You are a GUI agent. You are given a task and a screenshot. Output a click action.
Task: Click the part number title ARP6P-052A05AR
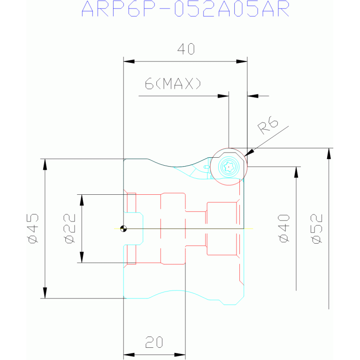pos(185,9)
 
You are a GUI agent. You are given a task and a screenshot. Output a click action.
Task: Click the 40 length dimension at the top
pos(186,49)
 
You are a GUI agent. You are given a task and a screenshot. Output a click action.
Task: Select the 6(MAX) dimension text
pos(173,84)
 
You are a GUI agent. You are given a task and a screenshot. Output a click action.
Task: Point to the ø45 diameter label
pos(33,229)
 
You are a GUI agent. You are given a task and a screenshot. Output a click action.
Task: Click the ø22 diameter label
pos(70,229)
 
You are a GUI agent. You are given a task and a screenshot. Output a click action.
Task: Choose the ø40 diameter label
pos(284,228)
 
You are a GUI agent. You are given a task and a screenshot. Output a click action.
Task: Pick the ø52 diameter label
pos(317,229)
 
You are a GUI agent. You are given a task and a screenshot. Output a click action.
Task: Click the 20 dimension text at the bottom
pos(154,342)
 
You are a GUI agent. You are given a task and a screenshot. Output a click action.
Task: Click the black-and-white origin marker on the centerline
pos(123,229)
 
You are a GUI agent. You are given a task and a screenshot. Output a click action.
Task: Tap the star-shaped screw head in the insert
pos(229,167)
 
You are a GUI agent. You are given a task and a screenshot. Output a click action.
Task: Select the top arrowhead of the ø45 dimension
pos(45,164)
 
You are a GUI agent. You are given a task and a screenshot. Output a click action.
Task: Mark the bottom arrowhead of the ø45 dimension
pos(45,293)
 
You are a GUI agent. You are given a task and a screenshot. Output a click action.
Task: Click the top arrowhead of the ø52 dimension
pos(329,153)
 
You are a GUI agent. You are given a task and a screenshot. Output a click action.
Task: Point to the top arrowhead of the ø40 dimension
pos(296,172)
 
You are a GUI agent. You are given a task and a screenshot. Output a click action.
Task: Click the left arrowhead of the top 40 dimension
pos(129,61)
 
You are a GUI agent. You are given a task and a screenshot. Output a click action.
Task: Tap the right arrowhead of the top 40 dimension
pos(242,61)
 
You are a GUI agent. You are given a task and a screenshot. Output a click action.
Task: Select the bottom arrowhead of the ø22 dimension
pos(82,257)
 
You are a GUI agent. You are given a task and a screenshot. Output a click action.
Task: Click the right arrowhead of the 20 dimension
pos(180,355)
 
